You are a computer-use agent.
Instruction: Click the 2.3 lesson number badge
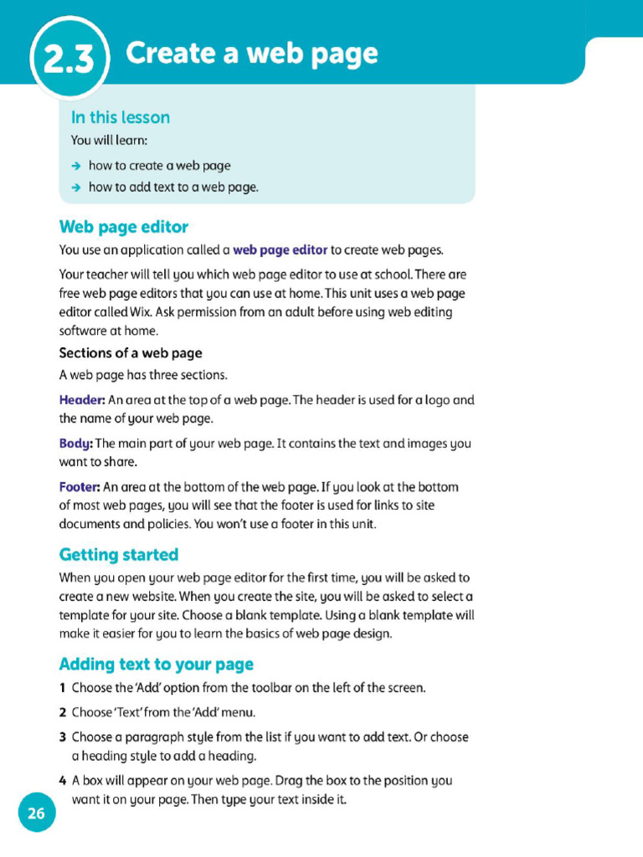point(69,59)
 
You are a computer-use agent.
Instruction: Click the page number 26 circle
point(36,813)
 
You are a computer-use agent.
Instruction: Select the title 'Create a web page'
point(251,54)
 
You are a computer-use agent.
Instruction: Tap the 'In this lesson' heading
point(120,117)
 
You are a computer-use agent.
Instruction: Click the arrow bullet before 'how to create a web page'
point(76,166)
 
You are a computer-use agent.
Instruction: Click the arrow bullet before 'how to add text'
point(76,187)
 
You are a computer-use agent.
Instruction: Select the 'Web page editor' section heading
point(123,227)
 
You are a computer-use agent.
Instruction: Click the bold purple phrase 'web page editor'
point(280,249)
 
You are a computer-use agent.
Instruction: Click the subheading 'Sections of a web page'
point(131,353)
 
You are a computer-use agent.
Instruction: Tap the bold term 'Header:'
point(81,400)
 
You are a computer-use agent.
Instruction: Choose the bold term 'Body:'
point(75,444)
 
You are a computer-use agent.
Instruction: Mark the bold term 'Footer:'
point(80,487)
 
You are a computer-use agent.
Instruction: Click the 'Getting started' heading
point(118,555)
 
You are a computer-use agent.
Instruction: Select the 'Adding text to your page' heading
point(156,665)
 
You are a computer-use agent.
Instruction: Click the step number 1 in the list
point(63,688)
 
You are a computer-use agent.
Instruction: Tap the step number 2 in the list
point(63,713)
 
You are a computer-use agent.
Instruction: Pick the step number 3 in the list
point(63,737)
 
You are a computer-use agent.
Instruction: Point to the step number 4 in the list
point(63,781)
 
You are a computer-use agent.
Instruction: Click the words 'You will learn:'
point(109,141)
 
